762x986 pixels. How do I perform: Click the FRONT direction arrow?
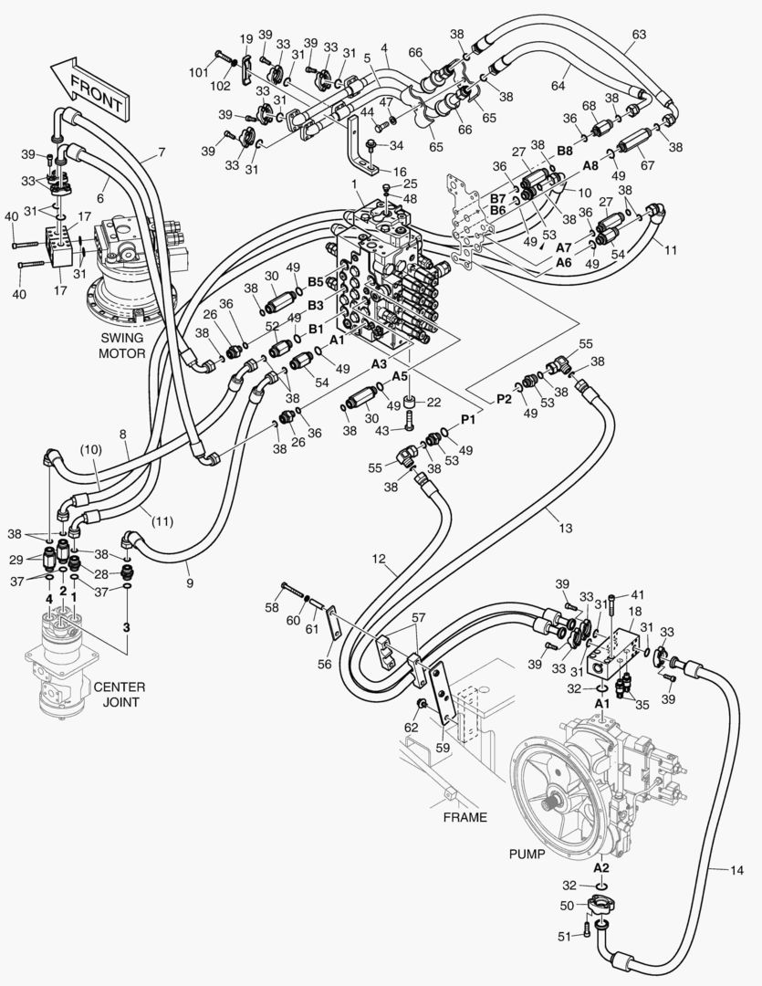pyautogui.click(x=87, y=89)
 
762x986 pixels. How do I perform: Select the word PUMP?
pyautogui.click(x=526, y=855)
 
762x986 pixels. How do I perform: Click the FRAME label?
pyautogui.click(x=465, y=817)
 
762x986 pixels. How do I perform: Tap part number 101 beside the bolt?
pyautogui.click(x=199, y=72)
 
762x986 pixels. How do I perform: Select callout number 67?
pyautogui.click(x=650, y=165)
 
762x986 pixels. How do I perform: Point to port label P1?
pyautogui.click(x=468, y=419)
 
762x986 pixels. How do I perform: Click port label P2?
pyautogui.click(x=504, y=399)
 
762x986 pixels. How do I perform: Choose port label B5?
pyautogui.click(x=316, y=282)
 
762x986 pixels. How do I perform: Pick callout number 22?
pyautogui.click(x=434, y=404)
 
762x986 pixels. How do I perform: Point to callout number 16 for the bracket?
pyautogui.click(x=399, y=171)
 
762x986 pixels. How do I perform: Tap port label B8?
pyautogui.click(x=565, y=150)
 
